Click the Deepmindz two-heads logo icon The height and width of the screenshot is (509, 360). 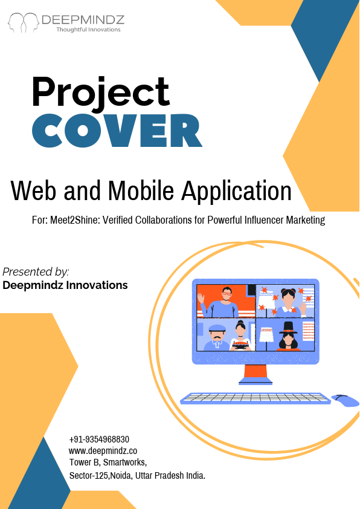pyautogui.click(x=23, y=22)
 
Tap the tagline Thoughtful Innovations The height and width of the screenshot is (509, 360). pyautogui.click(x=88, y=30)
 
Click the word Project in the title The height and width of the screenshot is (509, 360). pyautogui.click(x=101, y=92)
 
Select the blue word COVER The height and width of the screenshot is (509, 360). pyautogui.click(x=116, y=131)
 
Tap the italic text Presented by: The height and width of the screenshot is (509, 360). pyautogui.click(x=36, y=271)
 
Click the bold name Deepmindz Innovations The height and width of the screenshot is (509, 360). pyautogui.click(x=65, y=285)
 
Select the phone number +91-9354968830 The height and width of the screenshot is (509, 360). pyautogui.click(x=99, y=439)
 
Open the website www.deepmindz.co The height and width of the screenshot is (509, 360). pyautogui.click(x=103, y=451)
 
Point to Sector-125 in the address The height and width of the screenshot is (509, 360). pyautogui.click(x=89, y=476)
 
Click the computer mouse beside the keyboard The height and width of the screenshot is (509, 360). pyautogui.click(x=345, y=400)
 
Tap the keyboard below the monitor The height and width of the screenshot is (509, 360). pyautogui.click(x=256, y=398)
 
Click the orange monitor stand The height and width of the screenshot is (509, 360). pyautogui.click(x=256, y=373)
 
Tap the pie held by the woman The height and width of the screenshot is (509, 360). pyautogui.click(x=240, y=345)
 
